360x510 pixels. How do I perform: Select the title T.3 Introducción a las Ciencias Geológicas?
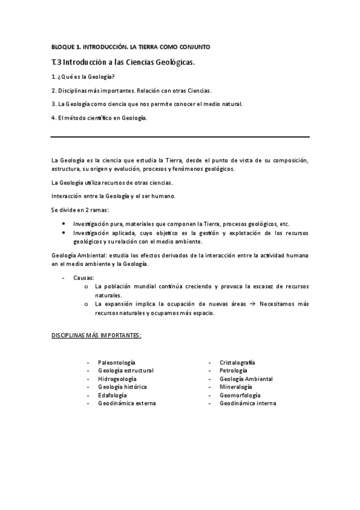click(123, 62)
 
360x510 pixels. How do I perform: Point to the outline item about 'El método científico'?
click(99, 117)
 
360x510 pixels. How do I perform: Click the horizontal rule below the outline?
click(180, 137)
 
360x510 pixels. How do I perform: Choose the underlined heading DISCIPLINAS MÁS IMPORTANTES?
click(96, 334)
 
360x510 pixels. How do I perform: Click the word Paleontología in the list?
click(117, 363)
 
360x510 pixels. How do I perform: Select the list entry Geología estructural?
click(126, 370)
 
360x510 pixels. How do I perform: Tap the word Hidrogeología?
click(117, 379)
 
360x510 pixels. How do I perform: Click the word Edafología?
click(112, 395)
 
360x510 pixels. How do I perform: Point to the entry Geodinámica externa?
click(127, 403)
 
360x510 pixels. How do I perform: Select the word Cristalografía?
click(237, 363)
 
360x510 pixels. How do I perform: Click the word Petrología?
click(234, 370)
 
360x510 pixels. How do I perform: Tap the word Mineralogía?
click(236, 387)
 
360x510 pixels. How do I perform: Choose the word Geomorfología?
click(240, 395)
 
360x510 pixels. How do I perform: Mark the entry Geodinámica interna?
click(248, 403)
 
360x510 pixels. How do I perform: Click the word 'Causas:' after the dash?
click(84, 278)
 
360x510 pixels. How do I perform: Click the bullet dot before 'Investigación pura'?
click(64, 223)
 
